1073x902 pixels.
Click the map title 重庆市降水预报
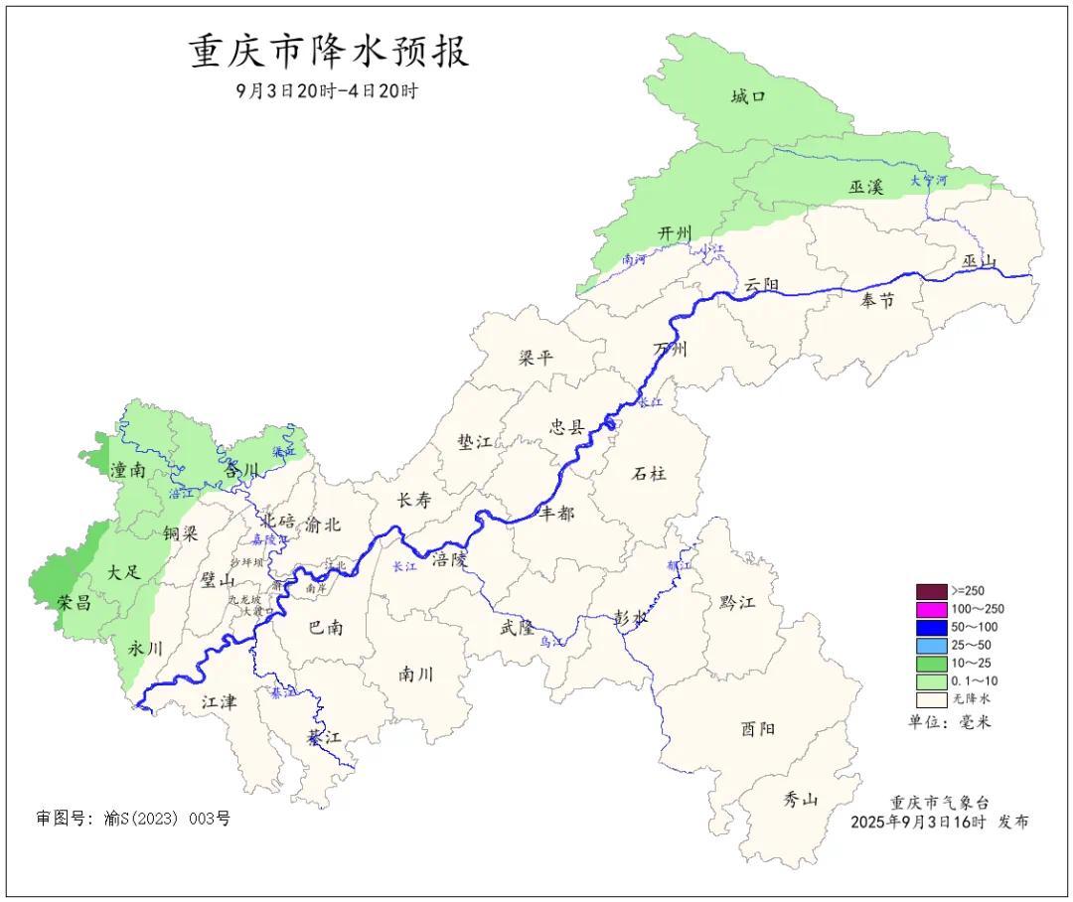(x=329, y=52)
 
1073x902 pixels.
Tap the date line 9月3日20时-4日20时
(x=327, y=90)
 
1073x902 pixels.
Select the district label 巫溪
(x=865, y=186)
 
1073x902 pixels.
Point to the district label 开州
(x=675, y=232)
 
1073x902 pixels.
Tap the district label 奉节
(x=877, y=300)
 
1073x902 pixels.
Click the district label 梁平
(x=536, y=358)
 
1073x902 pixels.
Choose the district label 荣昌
(x=74, y=601)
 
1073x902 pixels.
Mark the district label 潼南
(x=128, y=471)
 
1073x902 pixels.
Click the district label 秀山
(x=800, y=798)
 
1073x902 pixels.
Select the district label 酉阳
(x=758, y=728)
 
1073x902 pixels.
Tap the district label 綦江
(x=324, y=737)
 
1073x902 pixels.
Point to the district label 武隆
(x=517, y=628)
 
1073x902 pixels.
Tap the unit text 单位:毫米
(x=949, y=722)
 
